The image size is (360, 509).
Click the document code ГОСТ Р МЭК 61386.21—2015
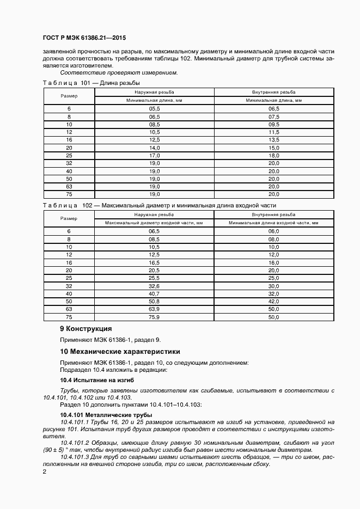(x=80, y=39)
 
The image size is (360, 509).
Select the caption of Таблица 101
(x=91, y=83)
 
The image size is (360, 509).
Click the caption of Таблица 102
(x=159, y=205)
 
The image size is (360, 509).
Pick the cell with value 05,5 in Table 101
(x=154, y=109)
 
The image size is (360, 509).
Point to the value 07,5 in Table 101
(x=273, y=116)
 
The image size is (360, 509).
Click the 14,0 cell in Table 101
(x=154, y=148)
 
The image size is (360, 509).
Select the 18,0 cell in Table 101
(x=273, y=155)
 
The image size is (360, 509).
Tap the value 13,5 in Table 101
(x=273, y=140)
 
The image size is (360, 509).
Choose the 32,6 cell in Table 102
(x=154, y=286)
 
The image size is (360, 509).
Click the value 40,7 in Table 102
(x=154, y=293)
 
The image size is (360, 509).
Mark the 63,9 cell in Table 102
(x=154, y=309)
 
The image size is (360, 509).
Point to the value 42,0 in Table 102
(x=273, y=301)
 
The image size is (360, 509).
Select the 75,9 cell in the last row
(x=154, y=317)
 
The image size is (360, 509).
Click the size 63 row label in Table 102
(x=69, y=309)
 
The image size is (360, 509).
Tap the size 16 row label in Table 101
(x=69, y=140)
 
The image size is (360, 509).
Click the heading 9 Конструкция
(x=86, y=329)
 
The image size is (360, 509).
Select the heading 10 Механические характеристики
(x=119, y=352)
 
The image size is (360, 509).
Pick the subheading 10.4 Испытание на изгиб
(x=96, y=379)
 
